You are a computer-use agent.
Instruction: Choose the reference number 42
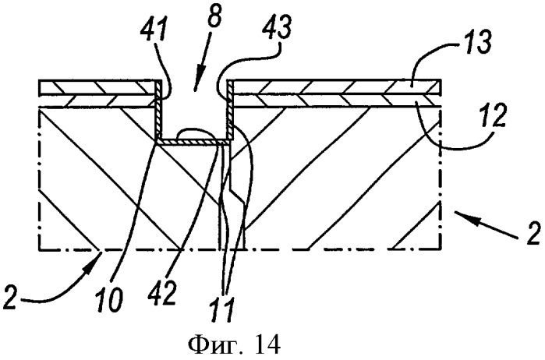tap(161, 292)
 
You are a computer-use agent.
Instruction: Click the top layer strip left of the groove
tap(97, 87)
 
